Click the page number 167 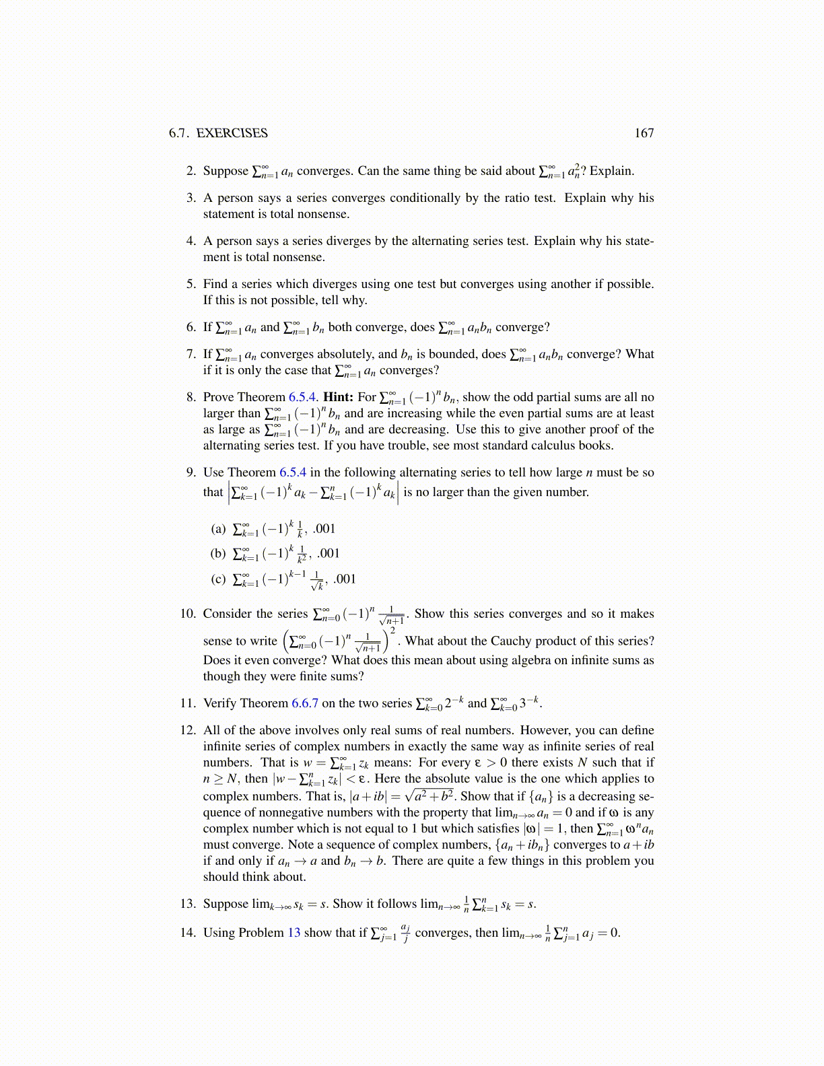click(x=644, y=133)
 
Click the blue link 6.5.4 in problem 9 click(x=293, y=472)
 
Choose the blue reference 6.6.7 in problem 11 click(x=305, y=703)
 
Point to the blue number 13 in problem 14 click(x=294, y=933)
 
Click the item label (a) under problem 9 click(x=218, y=529)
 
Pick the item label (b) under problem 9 click(x=218, y=554)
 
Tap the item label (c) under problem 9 click(x=218, y=579)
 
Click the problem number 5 click(x=191, y=284)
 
